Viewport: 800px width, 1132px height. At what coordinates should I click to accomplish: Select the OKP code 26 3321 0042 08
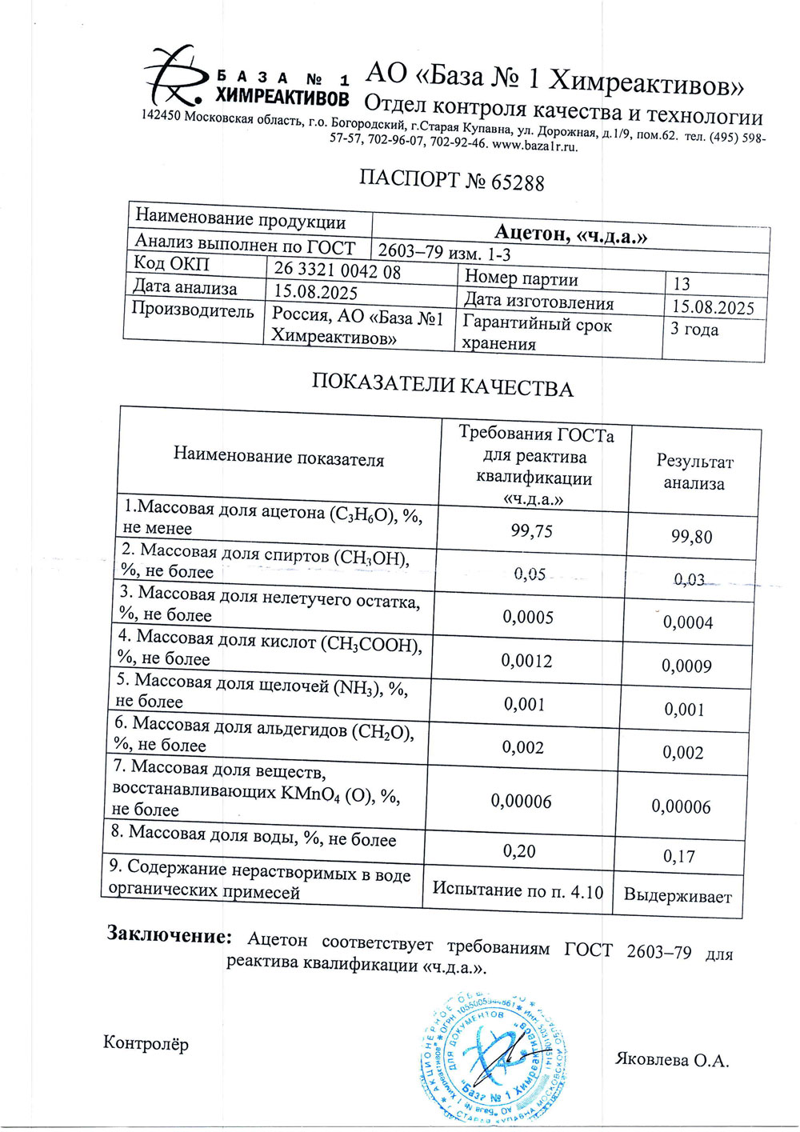click(x=337, y=270)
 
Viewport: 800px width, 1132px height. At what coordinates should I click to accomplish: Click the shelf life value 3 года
click(x=694, y=330)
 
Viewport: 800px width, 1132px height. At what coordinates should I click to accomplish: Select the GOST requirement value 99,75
click(x=531, y=530)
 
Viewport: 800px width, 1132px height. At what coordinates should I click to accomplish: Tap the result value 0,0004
click(x=688, y=622)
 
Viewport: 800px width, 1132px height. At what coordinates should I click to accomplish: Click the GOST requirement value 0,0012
click(x=526, y=661)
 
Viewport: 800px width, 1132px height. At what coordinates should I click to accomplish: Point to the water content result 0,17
click(x=679, y=857)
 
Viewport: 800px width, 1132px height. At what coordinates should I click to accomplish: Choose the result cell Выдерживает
click(x=677, y=896)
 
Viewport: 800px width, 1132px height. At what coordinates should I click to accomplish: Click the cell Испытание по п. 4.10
click(x=518, y=890)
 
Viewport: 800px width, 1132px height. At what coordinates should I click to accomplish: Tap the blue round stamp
click(x=494, y=1056)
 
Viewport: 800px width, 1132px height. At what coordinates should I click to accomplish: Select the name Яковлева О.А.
click(x=671, y=1060)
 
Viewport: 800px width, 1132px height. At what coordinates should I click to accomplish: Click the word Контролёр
click(x=146, y=1043)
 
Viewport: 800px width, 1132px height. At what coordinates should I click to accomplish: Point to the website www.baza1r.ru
click(x=534, y=146)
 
